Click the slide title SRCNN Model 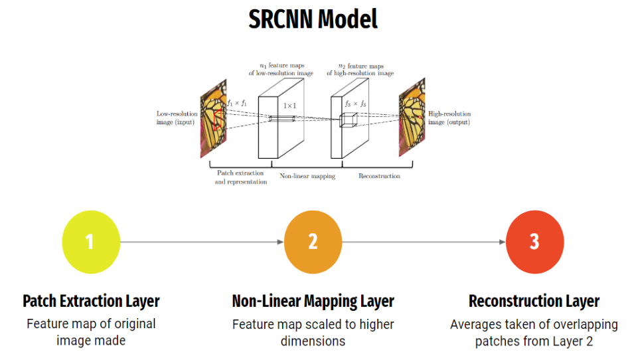pyautogui.click(x=313, y=19)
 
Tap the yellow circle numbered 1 pyautogui.click(x=90, y=242)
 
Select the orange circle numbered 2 pyautogui.click(x=313, y=242)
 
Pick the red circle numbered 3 pyautogui.click(x=534, y=242)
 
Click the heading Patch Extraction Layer pyautogui.click(x=91, y=301)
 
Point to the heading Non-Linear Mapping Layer pyautogui.click(x=313, y=301)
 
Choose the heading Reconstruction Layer pyautogui.click(x=534, y=301)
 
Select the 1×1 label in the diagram pyautogui.click(x=290, y=106)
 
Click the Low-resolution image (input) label pyautogui.click(x=177, y=118)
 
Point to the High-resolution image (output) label pyautogui.click(x=449, y=118)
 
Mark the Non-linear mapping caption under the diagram pyautogui.click(x=307, y=176)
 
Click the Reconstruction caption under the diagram pyautogui.click(x=379, y=176)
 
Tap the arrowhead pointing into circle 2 pyautogui.click(x=281, y=242)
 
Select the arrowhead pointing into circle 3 pyautogui.click(x=503, y=242)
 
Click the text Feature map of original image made pyautogui.click(x=91, y=332)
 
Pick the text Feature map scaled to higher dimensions pyautogui.click(x=313, y=332)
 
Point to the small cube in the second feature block pyautogui.click(x=349, y=120)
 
